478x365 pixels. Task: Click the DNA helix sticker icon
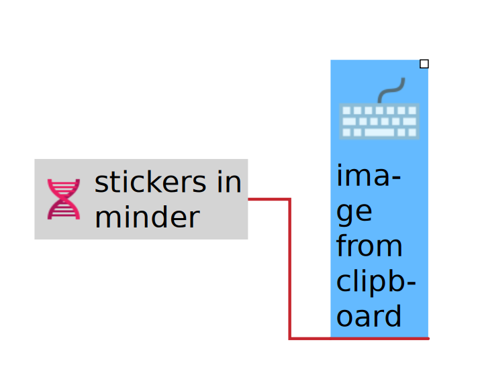tap(63, 199)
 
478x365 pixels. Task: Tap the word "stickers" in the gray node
tap(150, 182)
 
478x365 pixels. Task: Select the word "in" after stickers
tap(228, 182)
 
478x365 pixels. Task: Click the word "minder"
tap(146, 217)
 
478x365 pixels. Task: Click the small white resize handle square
tap(424, 64)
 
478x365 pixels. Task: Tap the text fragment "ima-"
tap(368, 176)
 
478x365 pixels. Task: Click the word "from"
tap(369, 246)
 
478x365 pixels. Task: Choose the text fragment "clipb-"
tap(375, 281)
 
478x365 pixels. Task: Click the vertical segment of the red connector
tap(289, 268)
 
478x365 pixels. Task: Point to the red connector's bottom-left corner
tap(290, 338)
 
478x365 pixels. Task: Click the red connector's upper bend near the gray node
tap(289, 199)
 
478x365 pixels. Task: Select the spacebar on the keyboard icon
tap(379, 132)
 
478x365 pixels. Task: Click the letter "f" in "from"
tap(341, 246)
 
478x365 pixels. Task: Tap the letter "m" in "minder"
tap(107, 217)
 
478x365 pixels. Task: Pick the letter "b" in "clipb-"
tap(397, 280)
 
